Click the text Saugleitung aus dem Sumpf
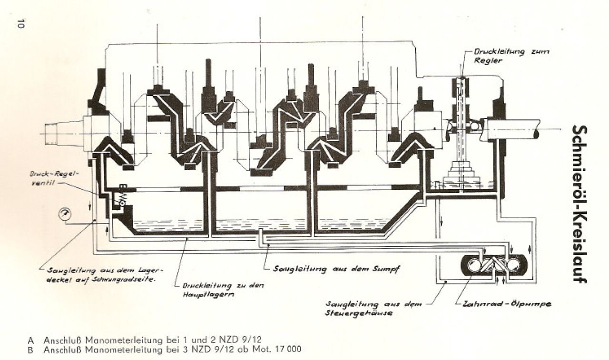[x=335, y=269]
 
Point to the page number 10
[x=20, y=24]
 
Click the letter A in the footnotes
[x=31, y=341]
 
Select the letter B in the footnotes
[x=31, y=349]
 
